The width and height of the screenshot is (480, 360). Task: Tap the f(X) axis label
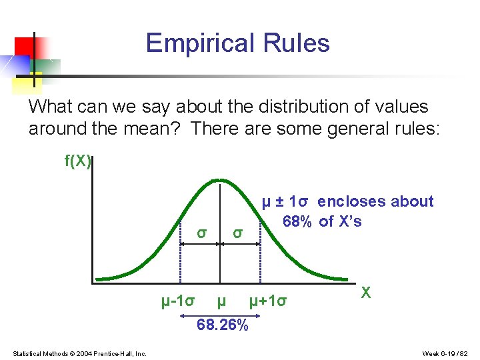tap(77, 161)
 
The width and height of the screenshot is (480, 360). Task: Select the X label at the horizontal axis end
tap(365, 292)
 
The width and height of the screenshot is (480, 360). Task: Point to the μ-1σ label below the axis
tap(178, 301)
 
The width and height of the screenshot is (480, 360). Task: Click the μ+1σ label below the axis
tap(268, 301)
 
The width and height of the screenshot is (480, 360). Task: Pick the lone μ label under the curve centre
tap(221, 301)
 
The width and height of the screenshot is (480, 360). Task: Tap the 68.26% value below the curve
tap(223, 325)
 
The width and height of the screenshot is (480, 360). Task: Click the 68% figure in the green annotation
tap(297, 221)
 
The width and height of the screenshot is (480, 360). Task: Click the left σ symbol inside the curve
tap(201, 233)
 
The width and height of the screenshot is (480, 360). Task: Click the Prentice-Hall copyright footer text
tap(80, 353)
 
